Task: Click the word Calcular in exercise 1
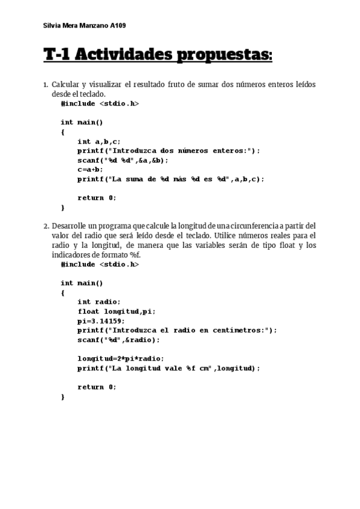65,85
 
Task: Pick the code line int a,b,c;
99,142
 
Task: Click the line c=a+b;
90,169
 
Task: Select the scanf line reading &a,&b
123,160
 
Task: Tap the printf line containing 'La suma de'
170,179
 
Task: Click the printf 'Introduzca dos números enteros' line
169,151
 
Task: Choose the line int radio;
99,302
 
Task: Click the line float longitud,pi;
116,312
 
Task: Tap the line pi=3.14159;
101,321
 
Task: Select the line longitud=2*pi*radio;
120,358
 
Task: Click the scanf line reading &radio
119,340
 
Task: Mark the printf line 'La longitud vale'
169,368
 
